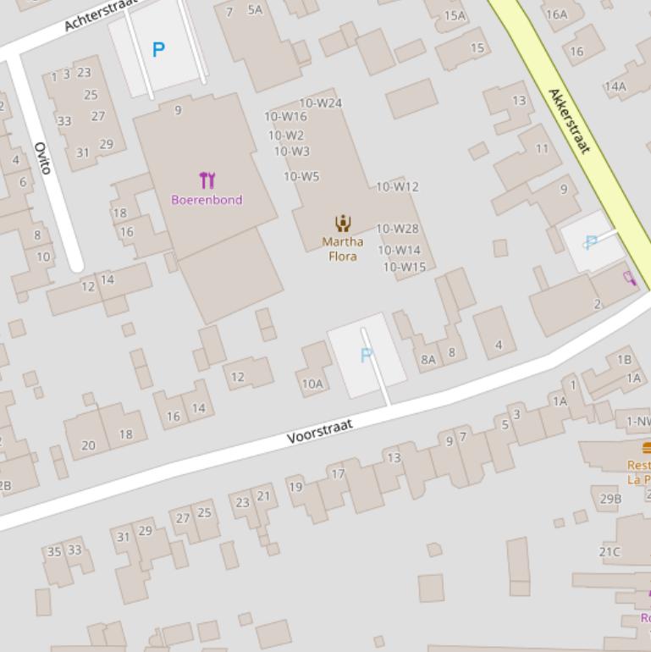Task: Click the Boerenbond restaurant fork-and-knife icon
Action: click(x=207, y=180)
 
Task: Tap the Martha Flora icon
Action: click(x=343, y=224)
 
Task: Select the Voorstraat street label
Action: click(x=319, y=431)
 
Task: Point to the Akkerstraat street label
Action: click(x=569, y=120)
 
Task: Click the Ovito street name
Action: click(x=42, y=158)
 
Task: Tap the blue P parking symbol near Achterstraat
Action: click(x=158, y=50)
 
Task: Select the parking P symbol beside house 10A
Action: click(x=367, y=356)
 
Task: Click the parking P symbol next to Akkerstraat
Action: click(x=591, y=242)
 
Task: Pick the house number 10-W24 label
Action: click(x=321, y=103)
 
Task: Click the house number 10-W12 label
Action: click(x=397, y=186)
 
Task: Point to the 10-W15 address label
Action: click(x=404, y=267)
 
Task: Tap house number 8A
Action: click(x=428, y=359)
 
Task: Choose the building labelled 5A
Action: click(x=255, y=10)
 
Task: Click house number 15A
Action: click(x=455, y=15)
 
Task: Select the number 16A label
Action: click(x=556, y=14)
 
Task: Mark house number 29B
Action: click(x=610, y=499)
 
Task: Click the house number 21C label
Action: click(x=610, y=552)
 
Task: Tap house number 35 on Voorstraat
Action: click(x=54, y=551)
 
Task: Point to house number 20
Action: click(x=88, y=445)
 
